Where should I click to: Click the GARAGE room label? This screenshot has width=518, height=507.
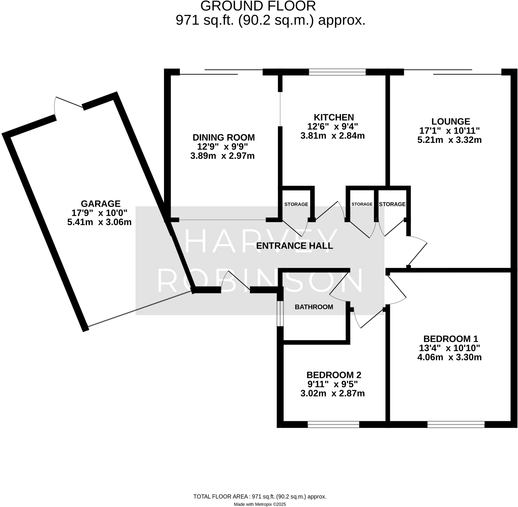click(x=101, y=204)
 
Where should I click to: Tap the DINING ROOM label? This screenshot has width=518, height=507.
click(x=224, y=138)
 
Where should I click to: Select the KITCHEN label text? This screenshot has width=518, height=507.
click(x=334, y=117)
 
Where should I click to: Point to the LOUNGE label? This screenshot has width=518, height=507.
click(x=450, y=122)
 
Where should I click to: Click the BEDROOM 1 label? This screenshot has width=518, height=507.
click(x=450, y=339)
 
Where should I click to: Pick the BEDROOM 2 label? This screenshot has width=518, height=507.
click(x=334, y=375)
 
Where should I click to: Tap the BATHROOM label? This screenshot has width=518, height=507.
click(x=314, y=307)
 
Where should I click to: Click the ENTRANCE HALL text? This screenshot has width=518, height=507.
click(x=294, y=246)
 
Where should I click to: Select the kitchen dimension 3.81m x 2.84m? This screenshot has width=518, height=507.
click(x=332, y=136)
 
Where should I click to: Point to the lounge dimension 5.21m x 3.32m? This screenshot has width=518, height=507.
click(x=449, y=140)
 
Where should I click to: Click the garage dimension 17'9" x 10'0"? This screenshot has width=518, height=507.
click(x=99, y=213)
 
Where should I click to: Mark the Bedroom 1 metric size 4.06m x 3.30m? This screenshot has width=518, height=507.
click(x=449, y=357)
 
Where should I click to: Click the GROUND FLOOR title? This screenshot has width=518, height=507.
click(x=258, y=6)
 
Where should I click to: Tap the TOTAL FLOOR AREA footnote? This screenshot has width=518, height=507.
click(x=260, y=497)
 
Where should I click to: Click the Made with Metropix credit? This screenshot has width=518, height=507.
click(x=260, y=504)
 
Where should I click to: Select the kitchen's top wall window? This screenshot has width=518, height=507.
click(x=337, y=72)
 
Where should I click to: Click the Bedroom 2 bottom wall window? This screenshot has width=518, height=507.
click(x=333, y=424)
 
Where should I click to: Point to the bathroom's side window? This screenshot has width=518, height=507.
click(x=280, y=313)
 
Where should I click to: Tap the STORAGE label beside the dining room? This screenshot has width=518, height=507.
click(x=296, y=204)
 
